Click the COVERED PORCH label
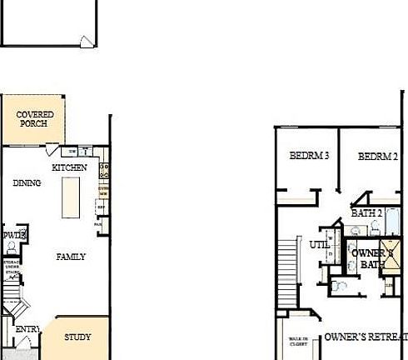(36, 118)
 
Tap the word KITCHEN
(70, 167)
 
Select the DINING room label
(27, 183)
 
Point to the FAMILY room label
(71, 257)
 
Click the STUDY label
(77, 337)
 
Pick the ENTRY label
(27, 330)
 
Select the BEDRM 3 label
(310, 156)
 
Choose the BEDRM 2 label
(378, 156)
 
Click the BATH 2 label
(366, 213)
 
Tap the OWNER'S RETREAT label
(366, 337)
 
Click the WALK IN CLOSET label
(297, 342)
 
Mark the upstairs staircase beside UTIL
(287, 260)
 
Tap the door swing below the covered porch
(52, 150)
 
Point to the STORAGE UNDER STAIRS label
(12, 270)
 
